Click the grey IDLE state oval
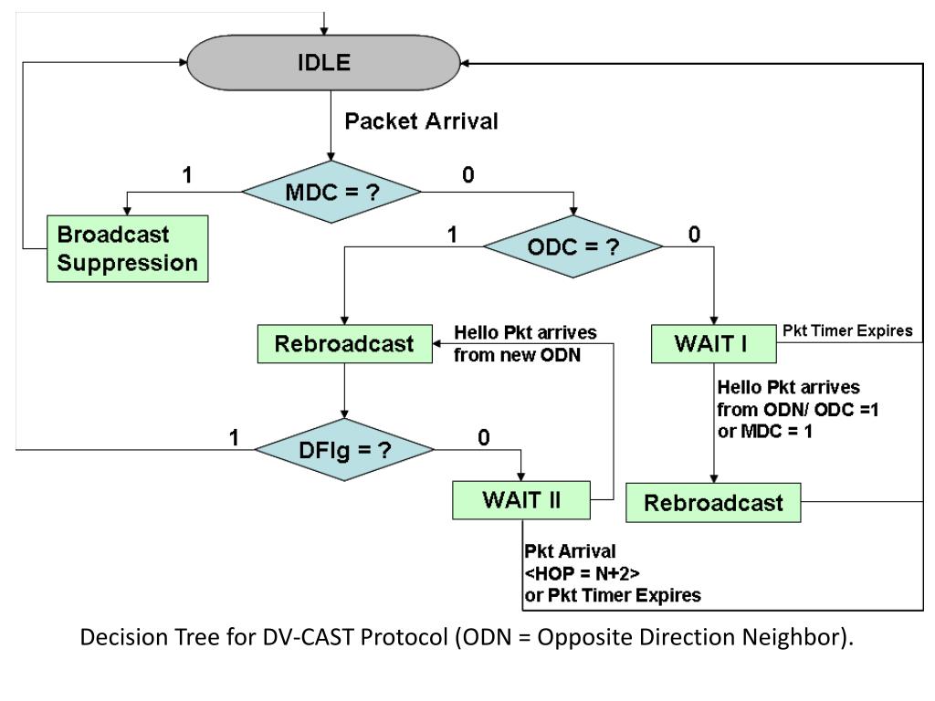(x=324, y=63)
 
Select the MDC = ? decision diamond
(x=331, y=192)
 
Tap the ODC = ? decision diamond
(x=573, y=246)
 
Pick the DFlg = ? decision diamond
(x=344, y=449)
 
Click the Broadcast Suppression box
(x=128, y=248)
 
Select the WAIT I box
(x=714, y=344)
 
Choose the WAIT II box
(x=521, y=500)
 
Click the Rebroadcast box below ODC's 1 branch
(x=344, y=344)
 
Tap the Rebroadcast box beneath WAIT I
(x=713, y=503)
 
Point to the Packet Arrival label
(x=421, y=121)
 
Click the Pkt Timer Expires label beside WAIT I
(x=847, y=330)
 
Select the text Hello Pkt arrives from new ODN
(x=525, y=343)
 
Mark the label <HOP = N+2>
(x=582, y=573)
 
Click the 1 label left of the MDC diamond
(x=187, y=174)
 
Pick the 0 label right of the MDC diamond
(x=468, y=174)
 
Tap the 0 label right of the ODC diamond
(x=694, y=235)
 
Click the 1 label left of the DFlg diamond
(x=234, y=437)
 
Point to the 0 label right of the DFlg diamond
(x=484, y=437)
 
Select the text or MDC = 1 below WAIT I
(x=764, y=431)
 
